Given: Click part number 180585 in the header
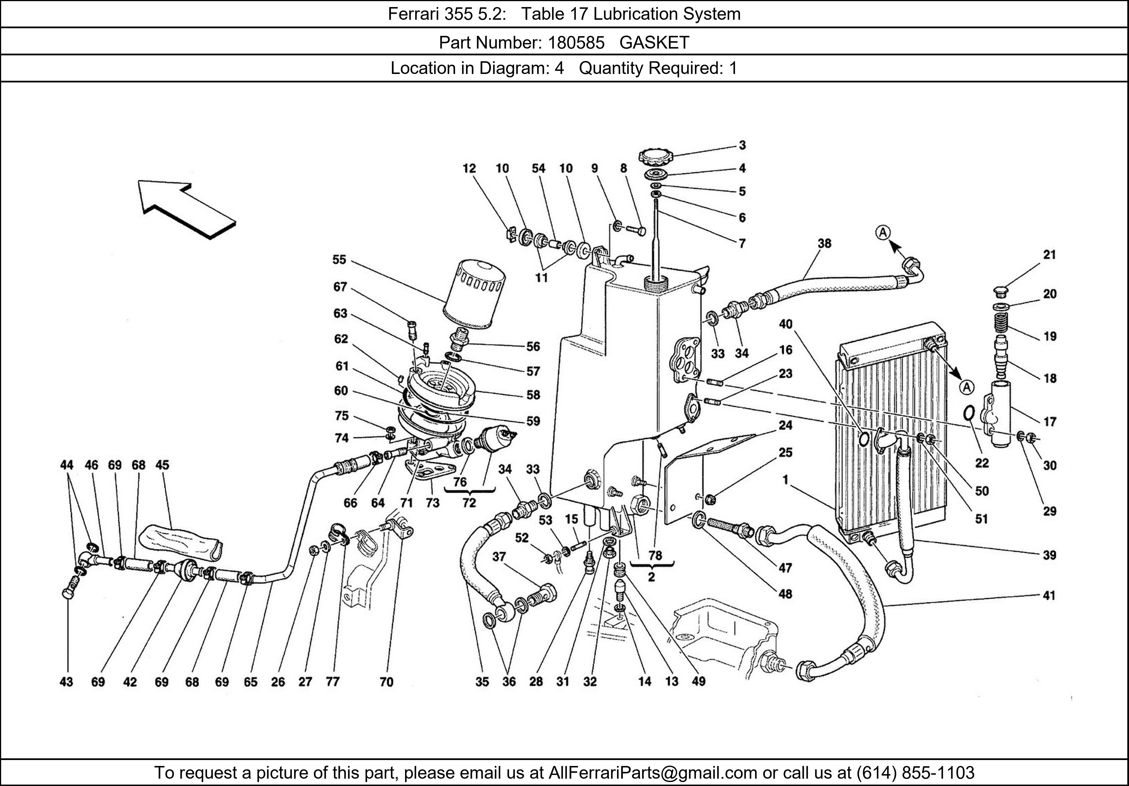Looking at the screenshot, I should [x=576, y=43].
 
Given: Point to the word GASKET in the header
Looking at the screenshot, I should [x=654, y=43].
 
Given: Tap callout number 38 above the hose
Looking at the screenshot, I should [x=825, y=243].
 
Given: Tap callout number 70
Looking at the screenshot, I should [x=386, y=682].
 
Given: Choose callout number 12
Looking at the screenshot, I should [x=469, y=168].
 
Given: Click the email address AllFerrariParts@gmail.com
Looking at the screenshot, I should [x=653, y=773].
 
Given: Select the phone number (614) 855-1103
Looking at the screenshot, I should [x=915, y=773].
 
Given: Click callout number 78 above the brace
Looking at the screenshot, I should [x=655, y=555].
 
